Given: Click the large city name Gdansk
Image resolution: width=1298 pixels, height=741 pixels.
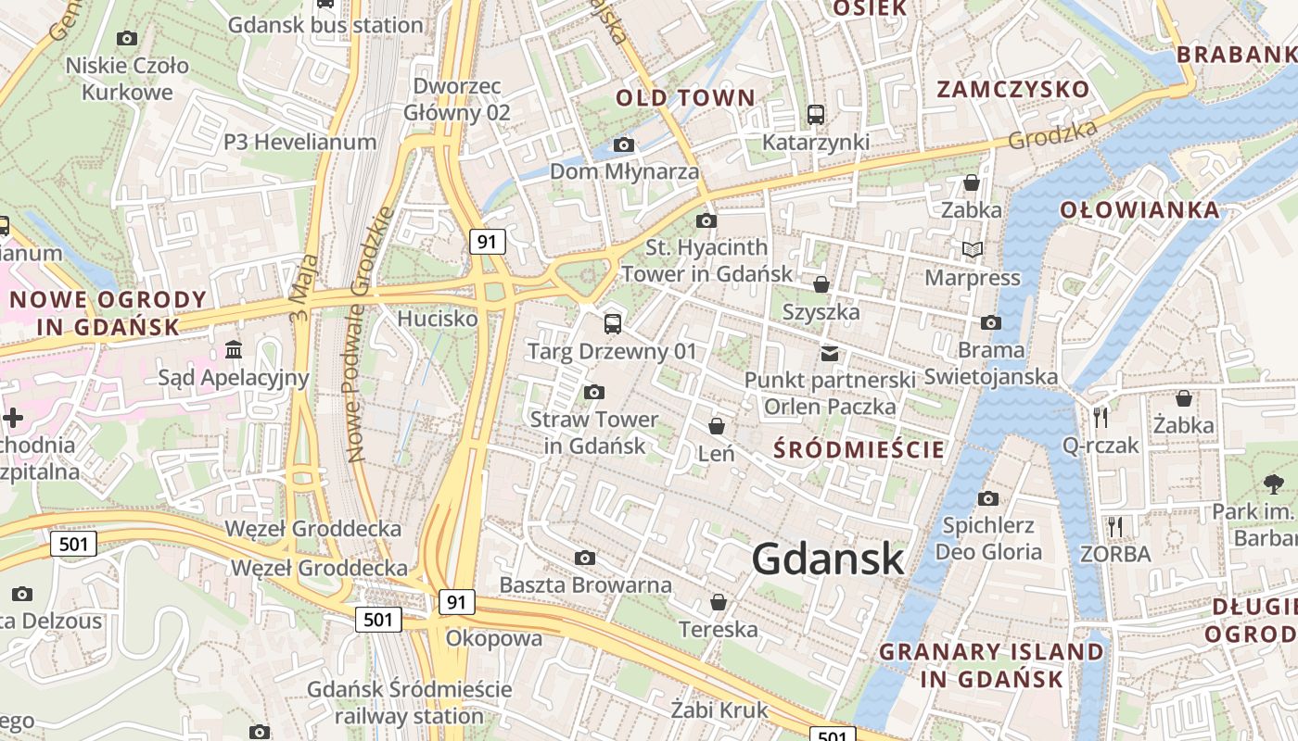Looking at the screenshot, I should [827, 559].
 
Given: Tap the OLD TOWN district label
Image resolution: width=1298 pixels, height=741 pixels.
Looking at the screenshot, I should [685, 97].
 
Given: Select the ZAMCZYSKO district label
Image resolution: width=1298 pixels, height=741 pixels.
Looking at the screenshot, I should [1012, 90].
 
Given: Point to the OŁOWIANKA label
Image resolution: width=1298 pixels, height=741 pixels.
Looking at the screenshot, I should [1139, 209].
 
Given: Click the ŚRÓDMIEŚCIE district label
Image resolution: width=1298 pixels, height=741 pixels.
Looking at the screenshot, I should [859, 450].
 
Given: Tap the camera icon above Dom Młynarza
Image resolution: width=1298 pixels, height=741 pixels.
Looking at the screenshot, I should [624, 144].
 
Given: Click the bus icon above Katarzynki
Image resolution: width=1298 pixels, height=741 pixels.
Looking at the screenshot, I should [816, 115].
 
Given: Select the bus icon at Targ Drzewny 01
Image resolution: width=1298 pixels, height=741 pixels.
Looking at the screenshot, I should [612, 323].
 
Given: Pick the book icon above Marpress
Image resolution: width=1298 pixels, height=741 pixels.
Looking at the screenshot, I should [972, 249].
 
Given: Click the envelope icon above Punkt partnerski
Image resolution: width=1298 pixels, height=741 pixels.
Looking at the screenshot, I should [829, 353].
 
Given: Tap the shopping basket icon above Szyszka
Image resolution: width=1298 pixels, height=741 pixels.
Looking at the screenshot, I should [821, 284].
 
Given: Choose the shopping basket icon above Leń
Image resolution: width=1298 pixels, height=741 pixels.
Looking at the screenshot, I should [716, 426].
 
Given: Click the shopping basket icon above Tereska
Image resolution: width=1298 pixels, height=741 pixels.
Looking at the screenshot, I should [718, 602].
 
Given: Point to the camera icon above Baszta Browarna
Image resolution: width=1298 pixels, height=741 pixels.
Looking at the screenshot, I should [584, 558].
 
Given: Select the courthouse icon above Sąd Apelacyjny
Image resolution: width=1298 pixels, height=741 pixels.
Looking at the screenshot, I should [233, 350].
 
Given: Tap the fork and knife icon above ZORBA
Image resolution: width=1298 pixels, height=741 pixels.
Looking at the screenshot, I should [1114, 527].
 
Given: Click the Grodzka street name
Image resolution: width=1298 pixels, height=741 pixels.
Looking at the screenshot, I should [1051, 135].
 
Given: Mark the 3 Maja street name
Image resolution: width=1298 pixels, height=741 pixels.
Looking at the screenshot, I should [303, 288].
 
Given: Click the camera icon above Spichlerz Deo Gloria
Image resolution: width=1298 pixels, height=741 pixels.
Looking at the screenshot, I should [988, 498].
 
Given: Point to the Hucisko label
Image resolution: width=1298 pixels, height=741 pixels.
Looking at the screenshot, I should [438, 319].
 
